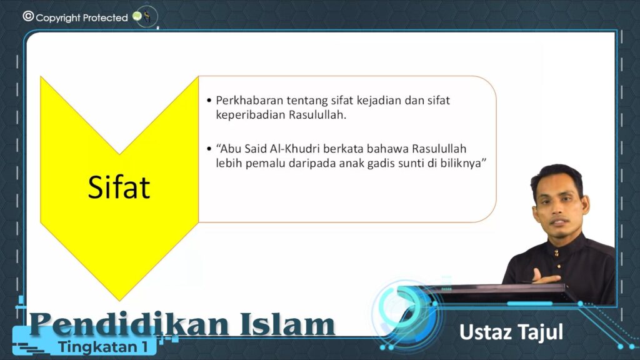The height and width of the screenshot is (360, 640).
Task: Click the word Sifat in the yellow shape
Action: [x=119, y=187]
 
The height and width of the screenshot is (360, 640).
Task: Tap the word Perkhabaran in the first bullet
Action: [x=249, y=100]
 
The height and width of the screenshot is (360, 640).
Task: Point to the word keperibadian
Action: [x=251, y=116]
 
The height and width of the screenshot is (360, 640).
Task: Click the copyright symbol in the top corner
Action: [x=28, y=16]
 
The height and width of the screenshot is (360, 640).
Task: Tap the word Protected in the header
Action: [x=105, y=18]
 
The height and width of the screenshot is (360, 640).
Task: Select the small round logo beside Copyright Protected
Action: [x=146, y=17]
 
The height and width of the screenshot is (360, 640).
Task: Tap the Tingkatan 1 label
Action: [x=103, y=347]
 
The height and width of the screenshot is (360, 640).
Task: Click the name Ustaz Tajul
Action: [x=511, y=332]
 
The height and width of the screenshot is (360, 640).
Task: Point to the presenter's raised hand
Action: [x=545, y=276]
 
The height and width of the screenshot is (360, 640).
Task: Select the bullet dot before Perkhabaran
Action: [x=209, y=101]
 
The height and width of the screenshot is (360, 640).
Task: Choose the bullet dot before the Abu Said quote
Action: [x=209, y=149]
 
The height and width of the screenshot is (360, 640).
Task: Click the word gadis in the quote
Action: [x=381, y=163]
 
